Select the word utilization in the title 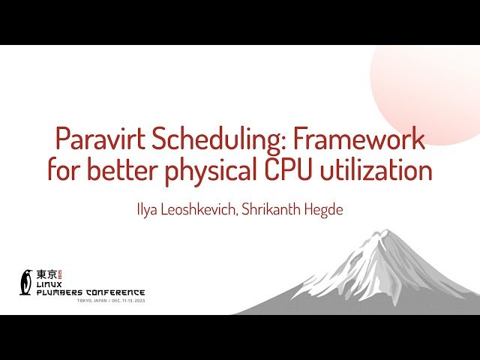tap(383, 170)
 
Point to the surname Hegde tap(327, 209)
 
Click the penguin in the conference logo tap(27, 281)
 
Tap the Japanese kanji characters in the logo tap(47, 274)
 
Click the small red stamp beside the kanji tap(62, 274)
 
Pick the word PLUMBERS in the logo tap(63, 292)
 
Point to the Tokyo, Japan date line tap(111, 301)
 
